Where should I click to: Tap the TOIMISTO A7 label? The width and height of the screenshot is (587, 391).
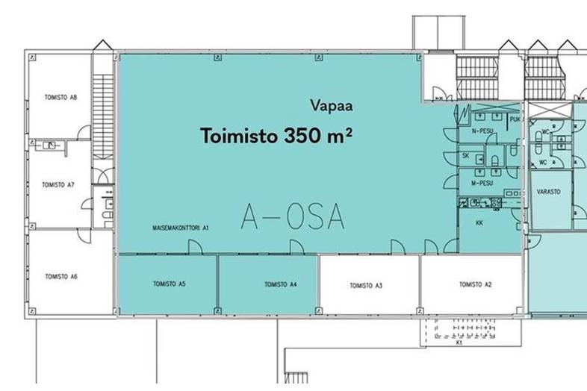pos(58,184)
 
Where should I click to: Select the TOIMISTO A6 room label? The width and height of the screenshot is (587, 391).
pos(61,277)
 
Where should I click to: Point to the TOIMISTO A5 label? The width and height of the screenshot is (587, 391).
pos(169,284)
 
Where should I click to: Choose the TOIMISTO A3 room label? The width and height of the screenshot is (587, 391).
pos(366,285)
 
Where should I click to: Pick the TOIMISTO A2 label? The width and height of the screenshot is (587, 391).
pos(475,284)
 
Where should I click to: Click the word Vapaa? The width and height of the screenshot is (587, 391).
pos(331,107)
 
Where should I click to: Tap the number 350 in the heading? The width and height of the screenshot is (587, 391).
pos(302,137)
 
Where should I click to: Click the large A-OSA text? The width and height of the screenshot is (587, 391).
pos(293,216)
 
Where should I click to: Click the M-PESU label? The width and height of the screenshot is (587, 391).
pos(484,183)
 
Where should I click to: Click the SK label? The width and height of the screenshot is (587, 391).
pos(465,156)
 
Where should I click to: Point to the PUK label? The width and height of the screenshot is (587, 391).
pos(515,119)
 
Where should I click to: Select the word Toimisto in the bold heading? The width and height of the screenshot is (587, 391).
pos(239,137)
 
